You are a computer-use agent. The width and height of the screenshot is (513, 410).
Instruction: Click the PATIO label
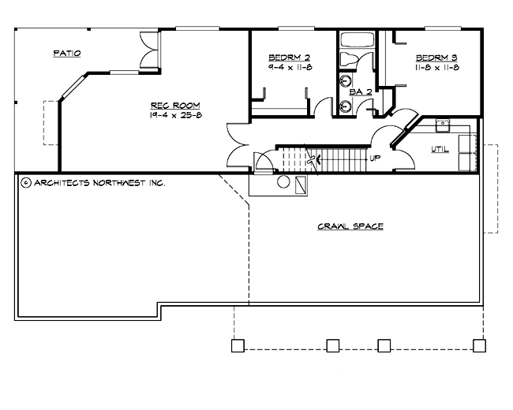coord(67,54)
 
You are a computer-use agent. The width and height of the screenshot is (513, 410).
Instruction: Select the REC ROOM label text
coord(175,105)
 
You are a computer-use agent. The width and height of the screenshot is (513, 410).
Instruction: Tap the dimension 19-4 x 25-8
coord(175,115)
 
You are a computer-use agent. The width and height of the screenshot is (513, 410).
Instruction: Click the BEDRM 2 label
coord(289,58)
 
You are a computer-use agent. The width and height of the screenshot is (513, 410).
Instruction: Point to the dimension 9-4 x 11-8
coord(289,68)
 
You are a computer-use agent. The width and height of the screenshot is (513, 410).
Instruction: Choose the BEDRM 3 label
coord(436,58)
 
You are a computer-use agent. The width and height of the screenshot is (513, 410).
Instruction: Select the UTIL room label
coord(440,148)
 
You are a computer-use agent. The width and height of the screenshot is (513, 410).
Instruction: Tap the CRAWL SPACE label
coord(350,226)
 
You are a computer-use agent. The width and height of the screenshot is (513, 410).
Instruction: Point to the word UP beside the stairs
coord(375,158)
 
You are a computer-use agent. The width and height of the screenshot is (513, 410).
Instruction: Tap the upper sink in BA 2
coord(346,80)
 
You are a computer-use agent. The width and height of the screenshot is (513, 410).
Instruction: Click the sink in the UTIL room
coord(444,124)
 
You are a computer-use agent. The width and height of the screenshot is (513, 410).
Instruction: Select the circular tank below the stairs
coord(283,183)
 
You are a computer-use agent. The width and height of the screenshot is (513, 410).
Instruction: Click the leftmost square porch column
coord(235,345)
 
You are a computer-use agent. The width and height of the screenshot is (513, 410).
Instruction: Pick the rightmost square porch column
coord(478,345)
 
